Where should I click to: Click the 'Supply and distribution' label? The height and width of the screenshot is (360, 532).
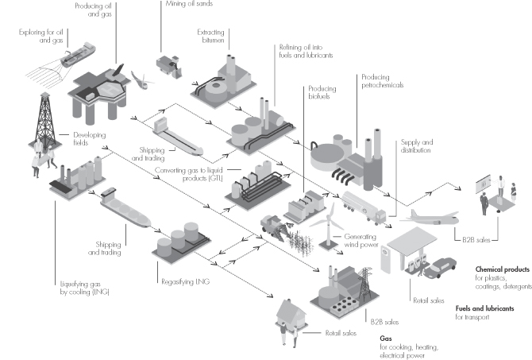tap(417, 146)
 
